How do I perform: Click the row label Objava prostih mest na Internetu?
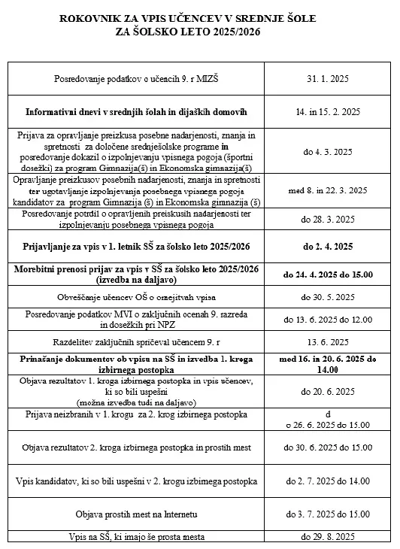136,514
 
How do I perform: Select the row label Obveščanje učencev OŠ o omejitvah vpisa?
136,297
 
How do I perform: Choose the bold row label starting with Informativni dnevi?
136,112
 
